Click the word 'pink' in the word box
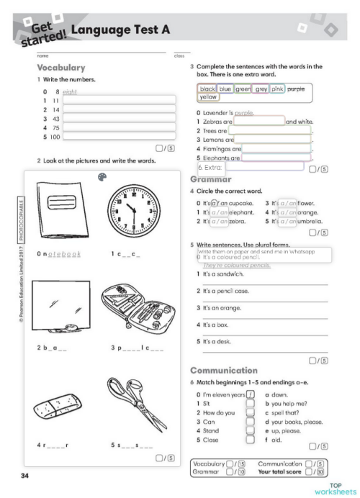(278, 89)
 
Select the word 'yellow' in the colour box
(208, 96)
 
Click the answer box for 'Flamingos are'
(277, 148)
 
